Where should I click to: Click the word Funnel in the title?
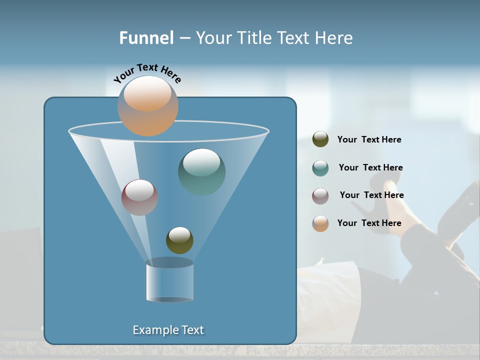[x=146, y=38]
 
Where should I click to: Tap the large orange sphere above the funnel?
[x=147, y=105]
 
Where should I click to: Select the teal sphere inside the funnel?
[x=201, y=171]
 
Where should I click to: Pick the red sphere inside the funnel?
[x=139, y=197]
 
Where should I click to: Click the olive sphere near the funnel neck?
[x=179, y=240]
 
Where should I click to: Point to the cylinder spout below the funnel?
[x=169, y=280]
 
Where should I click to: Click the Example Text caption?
[x=168, y=330]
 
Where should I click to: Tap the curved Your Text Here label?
[x=147, y=72]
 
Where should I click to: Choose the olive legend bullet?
[x=320, y=139]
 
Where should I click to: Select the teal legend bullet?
[x=320, y=168]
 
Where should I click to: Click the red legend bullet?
[x=320, y=196]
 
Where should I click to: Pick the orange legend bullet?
[x=320, y=223]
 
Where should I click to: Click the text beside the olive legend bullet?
[x=369, y=139]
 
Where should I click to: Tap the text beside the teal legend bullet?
[x=370, y=167]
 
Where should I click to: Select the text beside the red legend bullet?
[x=371, y=195]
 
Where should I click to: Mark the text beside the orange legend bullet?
[x=369, y=223]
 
